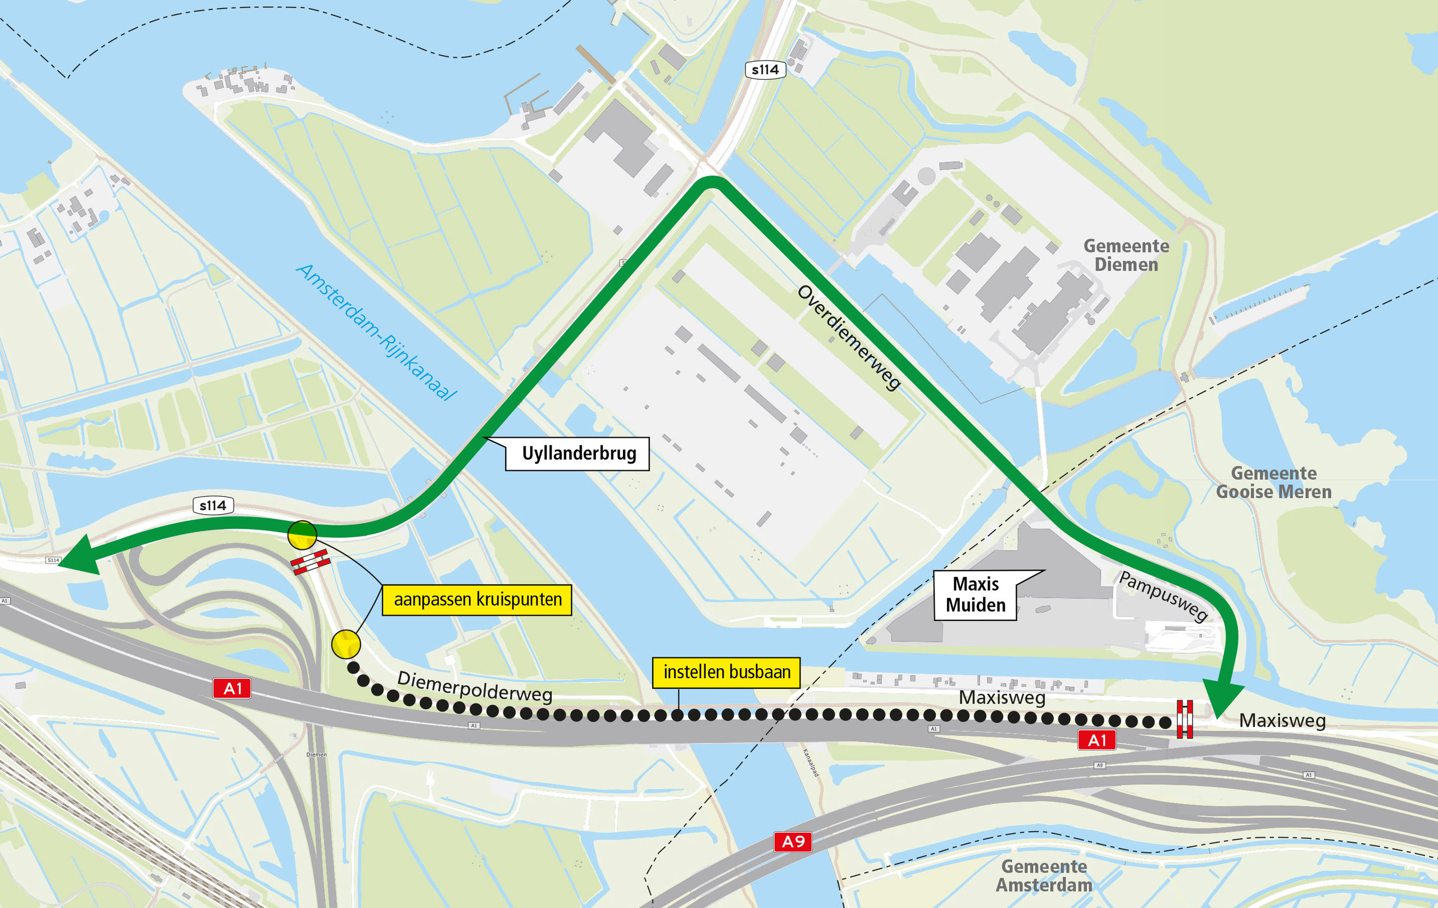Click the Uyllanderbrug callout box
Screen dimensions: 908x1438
[577, 454]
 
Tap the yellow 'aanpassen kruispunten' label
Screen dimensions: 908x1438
[476, 600]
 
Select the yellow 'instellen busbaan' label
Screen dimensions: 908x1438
[726, 673]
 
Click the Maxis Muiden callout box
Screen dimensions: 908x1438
[975, 595]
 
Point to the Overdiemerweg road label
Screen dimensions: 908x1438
[849, 338]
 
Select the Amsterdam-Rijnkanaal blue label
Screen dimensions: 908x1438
[376, 332]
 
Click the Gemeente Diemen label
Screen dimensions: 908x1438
[1126, 256]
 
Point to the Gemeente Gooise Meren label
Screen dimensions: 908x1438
[1273, 483]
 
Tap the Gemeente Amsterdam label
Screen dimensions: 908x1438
[1043, 876]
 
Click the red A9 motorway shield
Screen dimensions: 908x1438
[793, 842]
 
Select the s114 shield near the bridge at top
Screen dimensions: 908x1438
[765, 70]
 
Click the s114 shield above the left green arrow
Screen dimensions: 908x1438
[212, 505]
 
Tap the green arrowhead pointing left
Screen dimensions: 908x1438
[81, 556]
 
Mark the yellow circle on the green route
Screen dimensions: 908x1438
[302, 535]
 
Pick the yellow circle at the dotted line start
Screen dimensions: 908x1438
[346, 644]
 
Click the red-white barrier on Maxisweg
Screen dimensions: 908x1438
[1184, 719]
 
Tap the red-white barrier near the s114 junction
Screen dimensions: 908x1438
[311, 562]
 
